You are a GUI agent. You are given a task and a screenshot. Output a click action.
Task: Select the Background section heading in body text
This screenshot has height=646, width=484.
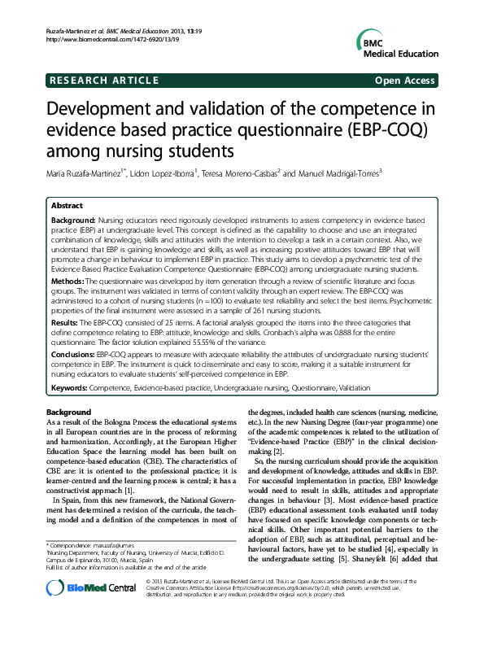pos(68,412)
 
